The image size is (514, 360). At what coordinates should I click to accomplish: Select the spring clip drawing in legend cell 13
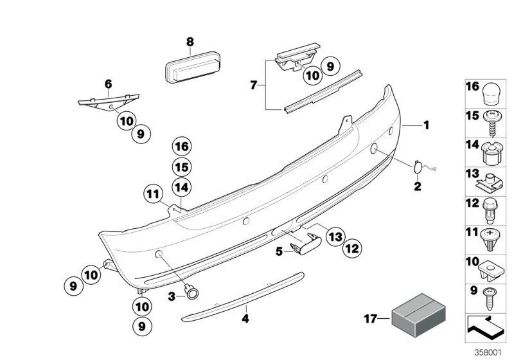[491, 182]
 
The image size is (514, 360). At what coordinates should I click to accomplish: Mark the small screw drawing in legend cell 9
[491, 298]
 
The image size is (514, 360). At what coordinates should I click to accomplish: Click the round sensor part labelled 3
[192, 292]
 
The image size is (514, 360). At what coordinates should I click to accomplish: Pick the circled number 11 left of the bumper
[152, 192]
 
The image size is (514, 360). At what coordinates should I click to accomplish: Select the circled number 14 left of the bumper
[182, 187]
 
